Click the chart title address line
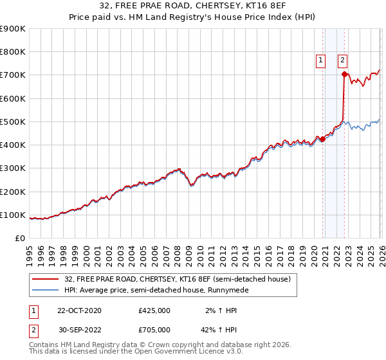pyautogui.click(x=192, y=6)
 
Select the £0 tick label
pyautogui.click(x=19, y=238)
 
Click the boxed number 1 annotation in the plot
pyautogui.click(x=320, y=60)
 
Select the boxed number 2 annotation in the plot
pyautogui.click(x=342, y=60)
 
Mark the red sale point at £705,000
pyautogui.click(x=344, y=75)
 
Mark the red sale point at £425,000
pyautogui.click(x=322, y=139)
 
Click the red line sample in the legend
pyautogui.click(x=46, y=280)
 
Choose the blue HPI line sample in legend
pyautogui.click(x=46, y=291)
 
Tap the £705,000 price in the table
pyautogui.click(x=154, y=330)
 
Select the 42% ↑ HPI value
pyautogui.click(x=213, y=330)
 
